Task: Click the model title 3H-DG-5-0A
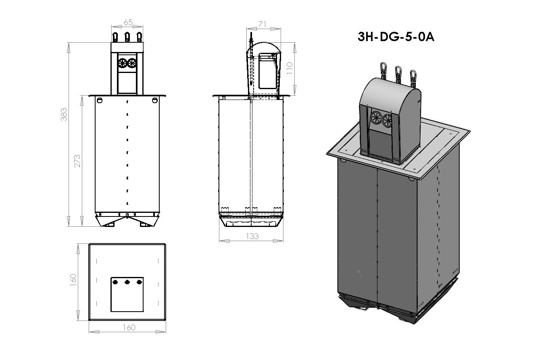(396, 37)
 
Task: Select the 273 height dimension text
(77, 160)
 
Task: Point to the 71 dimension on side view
(262, 25)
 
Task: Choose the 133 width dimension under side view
(252, 236)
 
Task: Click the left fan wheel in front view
(123, 63)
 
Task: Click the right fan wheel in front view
(132, 63)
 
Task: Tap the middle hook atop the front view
(127, 37)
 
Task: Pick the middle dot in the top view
(127, 282)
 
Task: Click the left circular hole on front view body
(100, 100)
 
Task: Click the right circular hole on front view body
(155, 100)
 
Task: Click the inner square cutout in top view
(127, 294)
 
